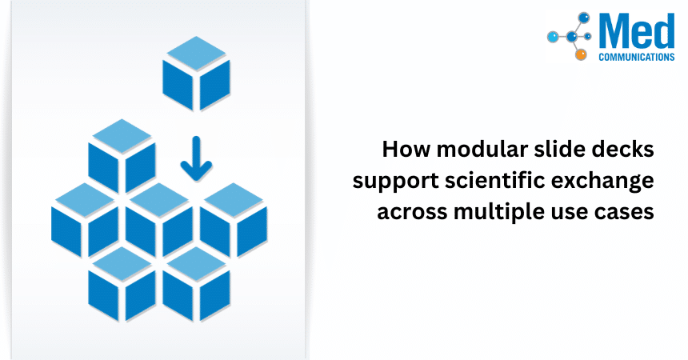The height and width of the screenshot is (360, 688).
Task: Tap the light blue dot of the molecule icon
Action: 553,37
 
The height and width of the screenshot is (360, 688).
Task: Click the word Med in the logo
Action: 637,31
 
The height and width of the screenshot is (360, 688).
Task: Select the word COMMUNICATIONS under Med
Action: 637,58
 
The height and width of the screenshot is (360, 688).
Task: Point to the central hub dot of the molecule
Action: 572,36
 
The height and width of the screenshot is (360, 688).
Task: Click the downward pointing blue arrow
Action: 196,158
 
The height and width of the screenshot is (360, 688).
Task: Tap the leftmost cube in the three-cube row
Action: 85,218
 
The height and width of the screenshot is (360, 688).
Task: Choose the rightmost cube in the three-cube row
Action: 233,218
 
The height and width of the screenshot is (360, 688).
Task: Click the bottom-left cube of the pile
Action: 122,282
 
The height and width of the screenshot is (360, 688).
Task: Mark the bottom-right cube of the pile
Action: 196,282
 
